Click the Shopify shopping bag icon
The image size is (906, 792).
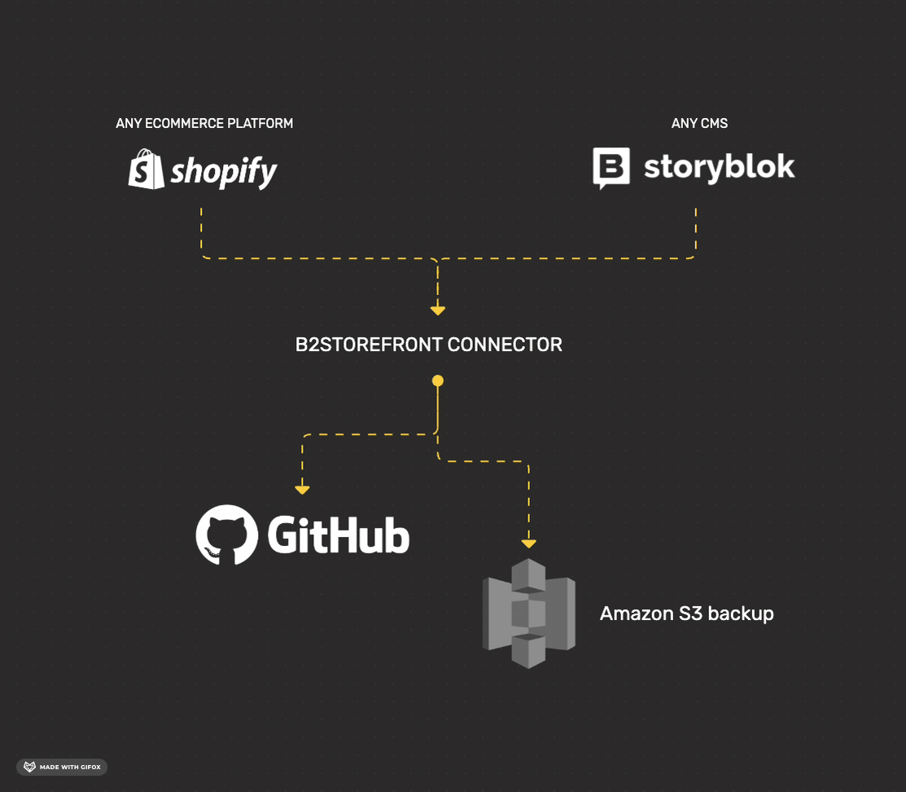click(x=147, y=169)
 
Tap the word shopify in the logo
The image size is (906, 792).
click(x=224, y=172)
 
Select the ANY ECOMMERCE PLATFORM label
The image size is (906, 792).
click(x=204, y=124)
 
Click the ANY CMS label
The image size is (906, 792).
click(x=699, y=124)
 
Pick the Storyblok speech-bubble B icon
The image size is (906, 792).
click(x=611, y=168)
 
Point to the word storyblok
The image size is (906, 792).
click(x=719, y=167)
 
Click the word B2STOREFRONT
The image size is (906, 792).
click(x=369, y=345)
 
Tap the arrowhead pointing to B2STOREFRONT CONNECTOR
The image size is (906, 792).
click(x=438, y=310)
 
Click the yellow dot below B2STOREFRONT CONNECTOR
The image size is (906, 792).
click(x=438, y=381)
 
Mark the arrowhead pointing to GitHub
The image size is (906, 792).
click(x=302, y=490)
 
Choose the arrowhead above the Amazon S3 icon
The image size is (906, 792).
click(x=529, y=543)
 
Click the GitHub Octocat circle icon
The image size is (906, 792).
click(x=227, y=535)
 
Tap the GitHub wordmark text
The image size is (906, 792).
click(x=338, y=535)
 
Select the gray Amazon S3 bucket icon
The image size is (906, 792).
click(x=529, y=614)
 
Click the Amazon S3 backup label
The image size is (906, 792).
click(x=686, y=614)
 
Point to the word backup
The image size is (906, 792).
click(x=740, y=614)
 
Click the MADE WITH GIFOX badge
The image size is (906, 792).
click(x=62, y=767)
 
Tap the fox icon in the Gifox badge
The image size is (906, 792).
click(x=29, y=767)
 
